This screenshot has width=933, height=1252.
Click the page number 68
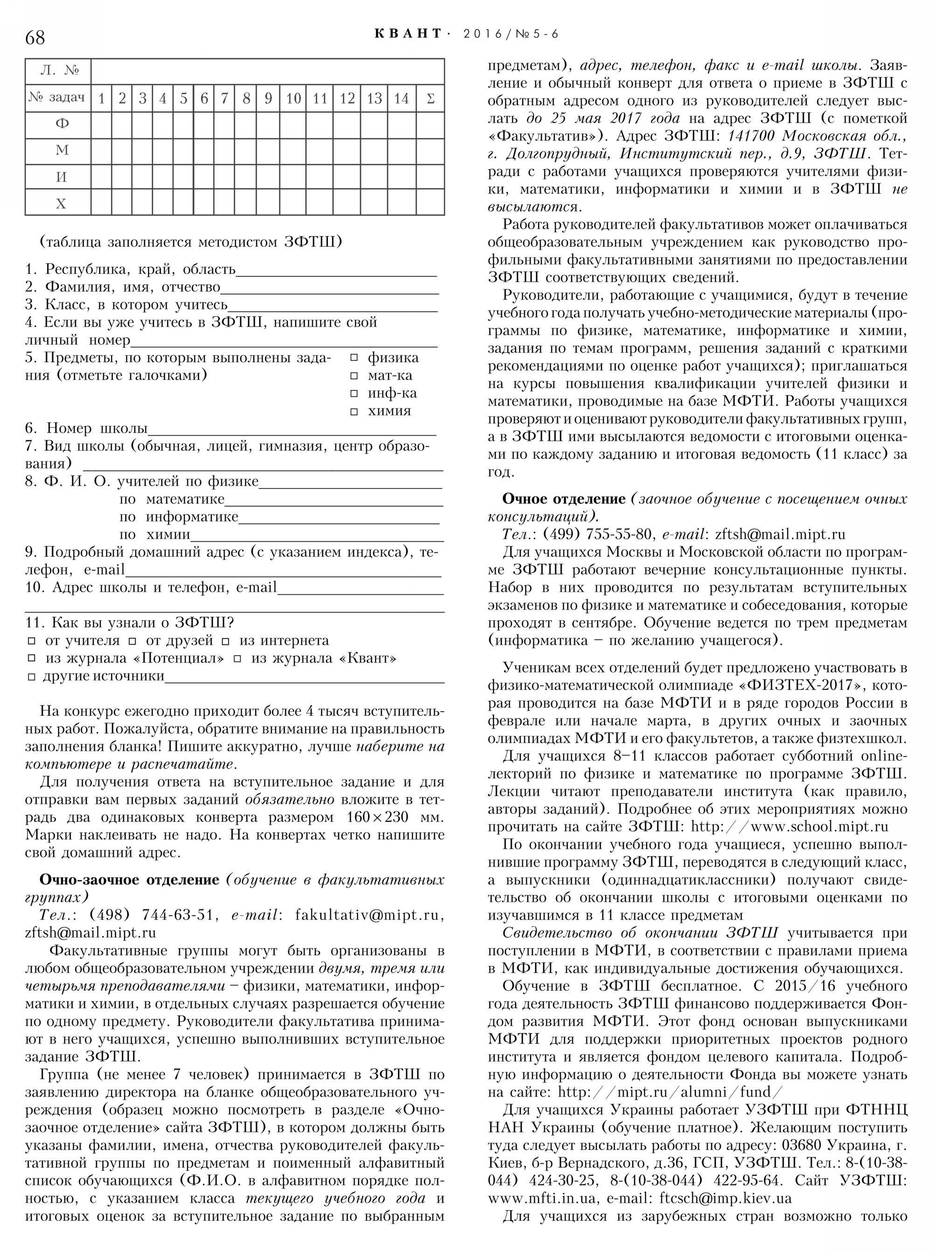click(x=35, y=38)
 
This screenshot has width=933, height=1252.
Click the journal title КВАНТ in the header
click(x=408, y=34)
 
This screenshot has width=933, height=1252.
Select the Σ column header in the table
click(x=431, y=99)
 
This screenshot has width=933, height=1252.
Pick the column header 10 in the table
click(x=292, y=99)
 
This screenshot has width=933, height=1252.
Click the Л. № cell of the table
click(x=59, y=71)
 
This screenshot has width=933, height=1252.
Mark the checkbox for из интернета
click(x=225, y=641)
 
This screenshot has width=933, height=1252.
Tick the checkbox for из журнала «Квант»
click(x=238, y=659)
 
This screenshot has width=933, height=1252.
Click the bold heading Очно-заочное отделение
click(x=129, y=880)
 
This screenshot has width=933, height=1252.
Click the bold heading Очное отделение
click(x=564, y=499)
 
